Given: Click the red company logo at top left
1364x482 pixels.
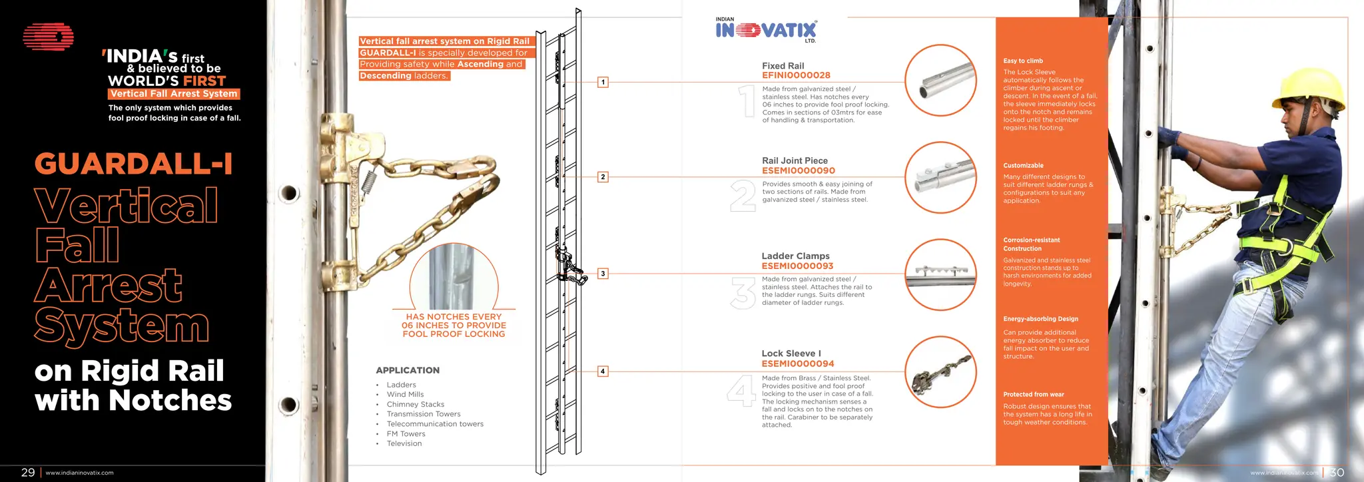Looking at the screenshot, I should coord(48,37).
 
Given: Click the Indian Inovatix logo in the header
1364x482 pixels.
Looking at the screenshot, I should coord(766,30).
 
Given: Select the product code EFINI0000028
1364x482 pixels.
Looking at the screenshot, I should coord(796,75).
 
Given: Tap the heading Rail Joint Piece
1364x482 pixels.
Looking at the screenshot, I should coord(795,160).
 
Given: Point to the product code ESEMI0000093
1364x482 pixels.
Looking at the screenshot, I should coord(797,266).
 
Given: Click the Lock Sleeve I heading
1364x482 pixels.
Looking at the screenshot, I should coord(791,354).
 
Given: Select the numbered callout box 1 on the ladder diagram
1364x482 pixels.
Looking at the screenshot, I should coord(603,83).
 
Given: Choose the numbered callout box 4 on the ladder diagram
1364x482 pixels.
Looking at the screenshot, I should coord(603,371).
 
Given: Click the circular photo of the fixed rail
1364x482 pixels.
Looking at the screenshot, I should coord(940,81).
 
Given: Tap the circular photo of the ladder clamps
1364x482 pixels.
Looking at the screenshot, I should coord(940,275).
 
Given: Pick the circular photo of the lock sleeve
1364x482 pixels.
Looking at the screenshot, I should coord(940,372).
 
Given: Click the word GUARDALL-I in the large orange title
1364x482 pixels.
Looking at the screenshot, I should coord(133,164).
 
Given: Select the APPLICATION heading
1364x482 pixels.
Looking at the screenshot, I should coord(408,370).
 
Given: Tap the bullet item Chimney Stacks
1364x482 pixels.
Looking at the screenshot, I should coord(415,404).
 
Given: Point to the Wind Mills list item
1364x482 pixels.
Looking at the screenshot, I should coord(405,394).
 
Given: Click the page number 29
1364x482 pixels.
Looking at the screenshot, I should coord(28,472).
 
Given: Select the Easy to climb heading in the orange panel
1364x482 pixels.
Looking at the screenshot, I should coord(1023,61).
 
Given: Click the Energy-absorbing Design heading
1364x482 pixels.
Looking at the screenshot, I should coord(1040,319).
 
